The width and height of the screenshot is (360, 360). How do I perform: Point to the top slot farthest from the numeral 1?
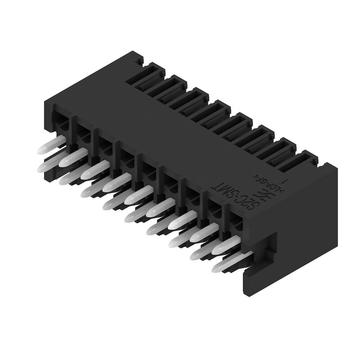coord(146,74)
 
